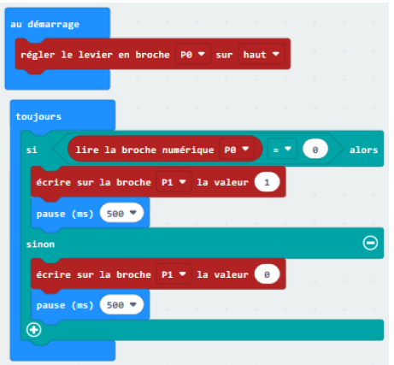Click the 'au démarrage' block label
44,25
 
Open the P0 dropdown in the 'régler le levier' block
193,54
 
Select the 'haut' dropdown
262,54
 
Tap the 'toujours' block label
38,116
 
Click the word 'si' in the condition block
32,150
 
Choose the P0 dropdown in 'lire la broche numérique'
237,150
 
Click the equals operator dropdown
282,150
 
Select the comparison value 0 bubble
315,150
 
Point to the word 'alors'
363,150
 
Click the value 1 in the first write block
267,182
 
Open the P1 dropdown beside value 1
173,182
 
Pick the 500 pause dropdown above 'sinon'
121,213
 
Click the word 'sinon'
40,244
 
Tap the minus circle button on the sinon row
370,243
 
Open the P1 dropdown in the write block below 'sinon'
173,274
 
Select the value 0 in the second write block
267,274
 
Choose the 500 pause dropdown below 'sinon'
121,305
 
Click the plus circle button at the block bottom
34,330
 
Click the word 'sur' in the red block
224,55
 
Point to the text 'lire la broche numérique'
144,150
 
